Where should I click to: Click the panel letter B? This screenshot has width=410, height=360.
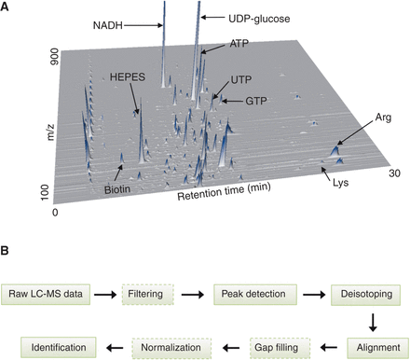point(7,251)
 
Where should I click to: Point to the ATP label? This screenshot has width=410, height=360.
point(239,44)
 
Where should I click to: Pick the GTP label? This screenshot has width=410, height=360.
point(260,100)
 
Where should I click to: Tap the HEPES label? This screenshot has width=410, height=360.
point(127,79)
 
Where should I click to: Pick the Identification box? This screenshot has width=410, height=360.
point(48,346)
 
